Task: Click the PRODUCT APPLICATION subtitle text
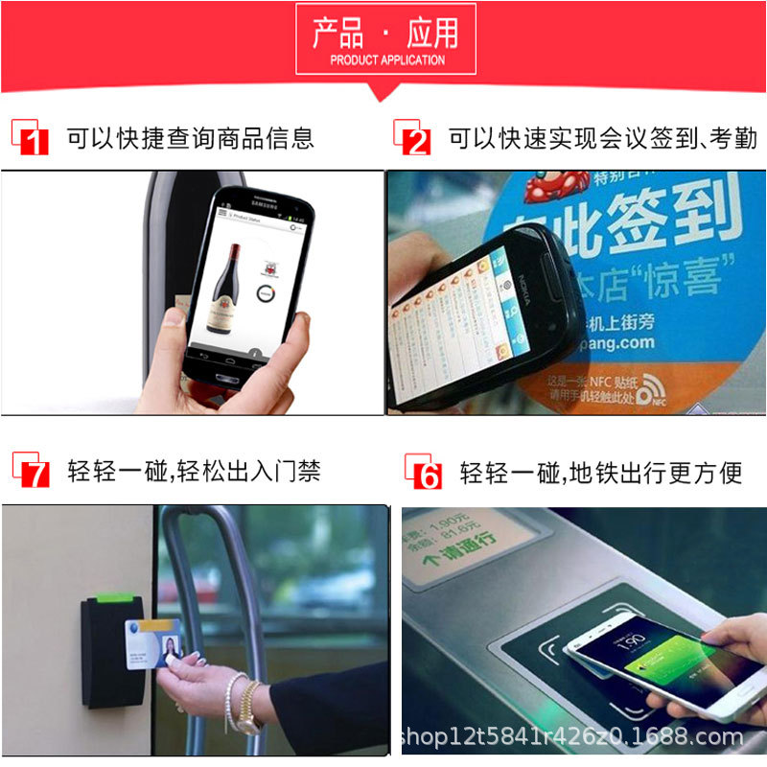click(386, 59)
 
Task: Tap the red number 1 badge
click(33, 141)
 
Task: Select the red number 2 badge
click(415, 141)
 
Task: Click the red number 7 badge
click(33, 472)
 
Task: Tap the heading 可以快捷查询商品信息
click(190, 138)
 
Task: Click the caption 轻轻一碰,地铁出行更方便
click(601, 472)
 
